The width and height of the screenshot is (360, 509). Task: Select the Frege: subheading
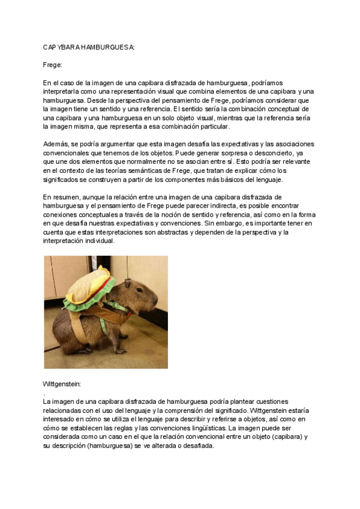53,64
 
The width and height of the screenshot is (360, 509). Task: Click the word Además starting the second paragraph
56,144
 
